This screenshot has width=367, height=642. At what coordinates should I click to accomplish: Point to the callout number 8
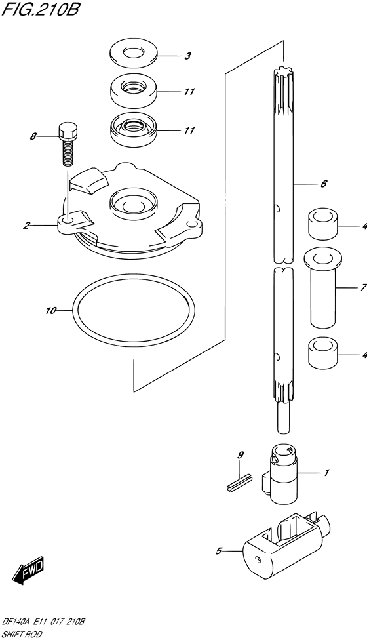point(32,137)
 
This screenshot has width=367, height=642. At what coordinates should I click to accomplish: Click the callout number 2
point(26,226)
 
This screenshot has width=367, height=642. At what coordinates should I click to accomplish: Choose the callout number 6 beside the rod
point(323,185)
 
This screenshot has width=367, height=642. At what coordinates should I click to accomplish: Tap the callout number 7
point(361,287)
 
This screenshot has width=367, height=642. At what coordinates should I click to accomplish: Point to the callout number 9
point(241,454)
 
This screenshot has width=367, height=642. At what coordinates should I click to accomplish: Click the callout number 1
point(326,473)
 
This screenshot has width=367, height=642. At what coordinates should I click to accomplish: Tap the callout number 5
point(218,551)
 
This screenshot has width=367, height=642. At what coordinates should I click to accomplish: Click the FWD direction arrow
point(28,574)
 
